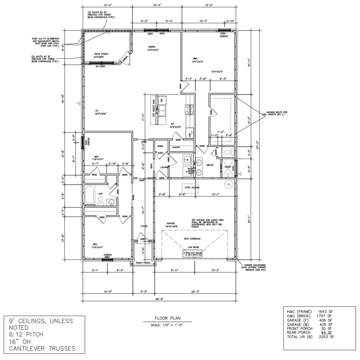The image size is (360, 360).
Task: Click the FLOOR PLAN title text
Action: pos(167,318)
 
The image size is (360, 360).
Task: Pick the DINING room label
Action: pos(152,47)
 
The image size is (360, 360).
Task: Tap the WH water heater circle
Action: pos(229,184)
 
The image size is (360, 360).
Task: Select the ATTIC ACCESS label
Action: pos(192,187)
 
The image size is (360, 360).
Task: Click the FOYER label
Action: pos(144,226)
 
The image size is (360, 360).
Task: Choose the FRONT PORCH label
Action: pos(143,263)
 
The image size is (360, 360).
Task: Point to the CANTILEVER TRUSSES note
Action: pos(39,348)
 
